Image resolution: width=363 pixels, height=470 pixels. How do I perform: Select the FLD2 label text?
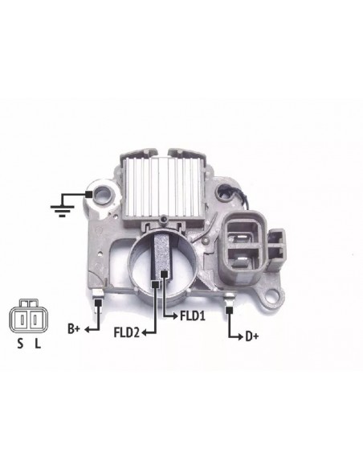tap(128, 332)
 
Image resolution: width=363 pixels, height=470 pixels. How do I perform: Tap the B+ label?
tap(73, 328)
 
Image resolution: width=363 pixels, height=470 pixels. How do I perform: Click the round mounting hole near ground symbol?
tap(103, 194)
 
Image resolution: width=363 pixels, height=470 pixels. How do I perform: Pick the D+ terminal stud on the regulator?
tap(230, 303)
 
